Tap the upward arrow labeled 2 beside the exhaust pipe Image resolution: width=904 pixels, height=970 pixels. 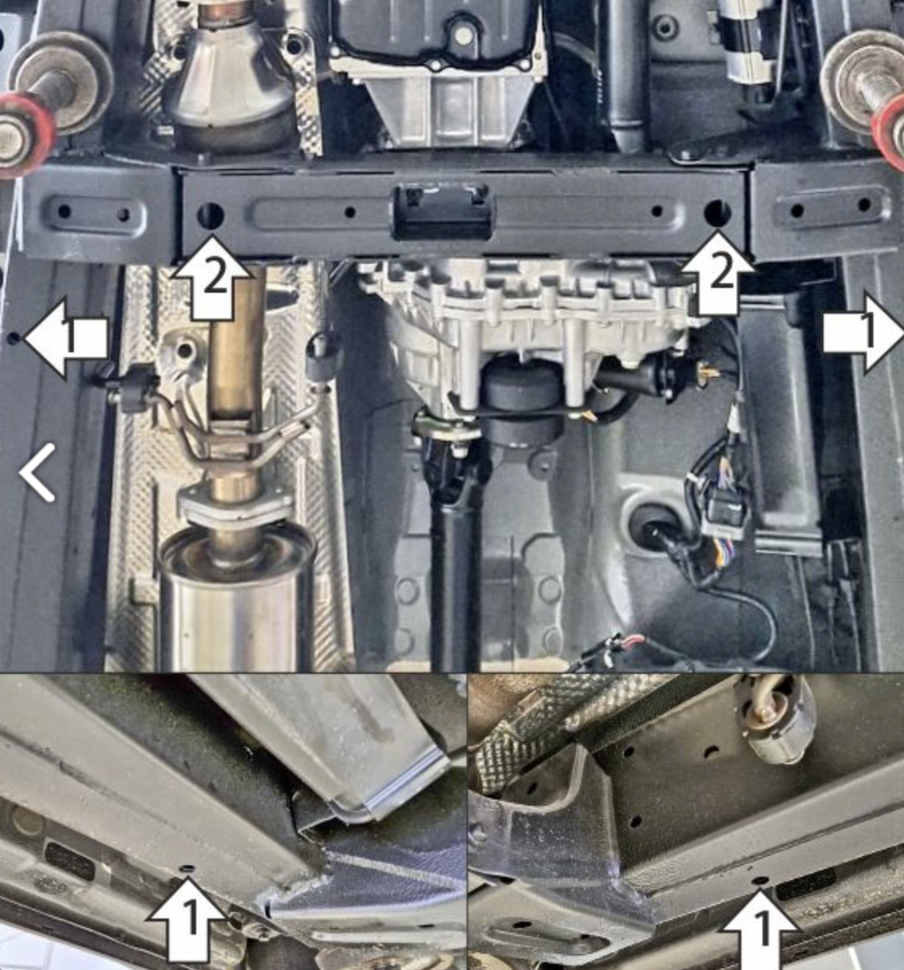pyautogui.click(x=212, y=278)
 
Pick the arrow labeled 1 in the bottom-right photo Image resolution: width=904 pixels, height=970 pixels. pyautogui.click(x=760, y=928)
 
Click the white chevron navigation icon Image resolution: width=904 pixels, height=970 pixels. pyautogui.click(x=37, y=472)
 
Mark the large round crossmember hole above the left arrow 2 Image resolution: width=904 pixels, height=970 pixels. pyautogui.click(x=210, y=215)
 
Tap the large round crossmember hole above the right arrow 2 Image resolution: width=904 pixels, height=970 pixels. pyautogui.click(x=718, y=212)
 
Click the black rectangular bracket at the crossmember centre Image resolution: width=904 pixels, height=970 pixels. pyautogui.click(x=443, y=212)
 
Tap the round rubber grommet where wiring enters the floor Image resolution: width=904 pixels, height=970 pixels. pyautogui.click(x=649, y=524)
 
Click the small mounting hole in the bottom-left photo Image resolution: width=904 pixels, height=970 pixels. pyautogui.click(x=187, y=869)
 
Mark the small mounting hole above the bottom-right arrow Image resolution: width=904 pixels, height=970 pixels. pyautogui.click(x=760, y=879)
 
